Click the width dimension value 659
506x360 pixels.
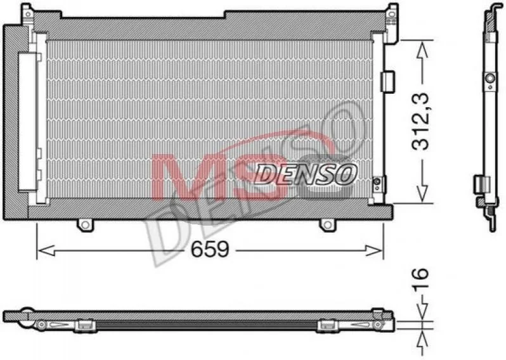(210, 249)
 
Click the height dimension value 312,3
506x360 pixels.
(420, 122)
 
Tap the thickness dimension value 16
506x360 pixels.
(420, 278)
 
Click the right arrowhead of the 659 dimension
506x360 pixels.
(373, 250)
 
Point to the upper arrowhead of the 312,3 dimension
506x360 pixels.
(422, 51)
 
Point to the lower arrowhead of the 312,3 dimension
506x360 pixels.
(422, 193)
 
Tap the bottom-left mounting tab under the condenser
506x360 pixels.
(85, 225)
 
